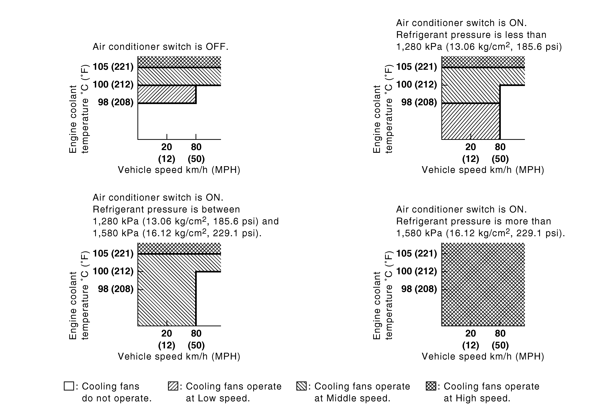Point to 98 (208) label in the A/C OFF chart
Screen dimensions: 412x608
tap(116, 102)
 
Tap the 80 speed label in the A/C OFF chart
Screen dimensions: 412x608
tap(196, 147)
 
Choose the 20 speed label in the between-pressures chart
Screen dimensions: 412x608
tap(167, 333)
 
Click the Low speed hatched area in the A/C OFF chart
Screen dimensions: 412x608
tap(167, 94)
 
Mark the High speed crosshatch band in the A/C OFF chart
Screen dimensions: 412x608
tap(179, 62)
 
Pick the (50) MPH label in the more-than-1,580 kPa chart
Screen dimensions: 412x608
tap(500, 345)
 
